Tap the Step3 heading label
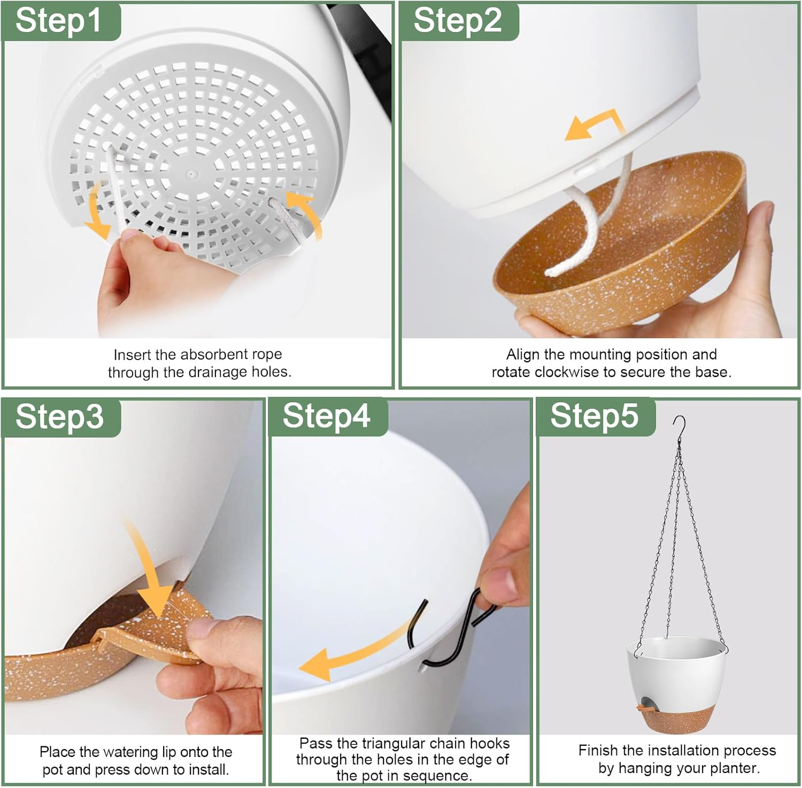click(59, 416)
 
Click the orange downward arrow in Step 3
click(152, 572)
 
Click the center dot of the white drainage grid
click(191, 174)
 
